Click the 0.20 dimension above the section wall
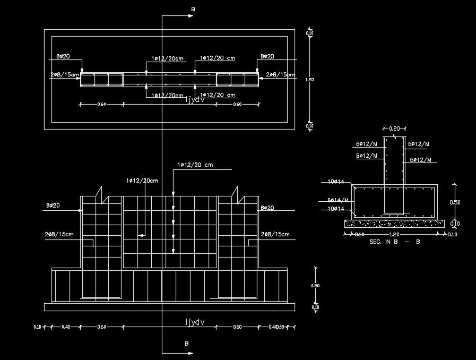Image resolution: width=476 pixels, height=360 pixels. point(394,128)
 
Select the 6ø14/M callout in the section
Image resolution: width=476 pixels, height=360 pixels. point(338,200)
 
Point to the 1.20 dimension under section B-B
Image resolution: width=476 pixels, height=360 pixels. point(394,234)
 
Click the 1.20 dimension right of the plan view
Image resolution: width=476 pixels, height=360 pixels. point(310,80)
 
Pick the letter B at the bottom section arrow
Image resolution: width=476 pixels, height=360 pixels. point(187,344)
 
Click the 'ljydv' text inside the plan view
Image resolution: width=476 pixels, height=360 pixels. point(195,99)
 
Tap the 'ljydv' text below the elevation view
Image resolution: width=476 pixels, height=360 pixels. point(195,321)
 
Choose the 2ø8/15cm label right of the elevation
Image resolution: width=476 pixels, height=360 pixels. point(275,234)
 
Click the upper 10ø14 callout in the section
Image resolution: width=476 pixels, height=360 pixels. point(336,182)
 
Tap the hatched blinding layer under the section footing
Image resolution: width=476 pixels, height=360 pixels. point(394,224)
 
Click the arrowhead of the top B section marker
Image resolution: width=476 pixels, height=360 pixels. point(190,16)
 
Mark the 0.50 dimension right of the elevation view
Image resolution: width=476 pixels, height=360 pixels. point(316,286)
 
